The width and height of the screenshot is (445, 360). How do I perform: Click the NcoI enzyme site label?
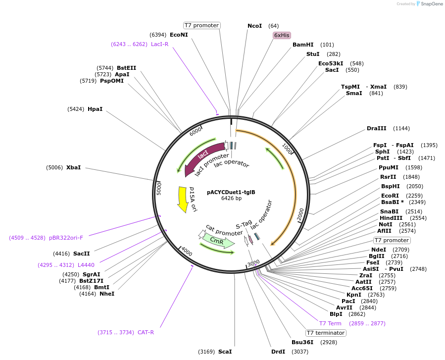[x=254, y=26]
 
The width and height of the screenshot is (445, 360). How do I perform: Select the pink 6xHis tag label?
[x=282, y=35]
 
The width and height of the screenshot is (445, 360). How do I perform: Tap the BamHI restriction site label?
[x=303, y=45]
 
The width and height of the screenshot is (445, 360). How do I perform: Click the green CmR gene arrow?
[x=218, y=241]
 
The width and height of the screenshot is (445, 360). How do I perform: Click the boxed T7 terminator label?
[x=325, y=333]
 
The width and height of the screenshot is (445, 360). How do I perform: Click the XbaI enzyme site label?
[x=73, y=167]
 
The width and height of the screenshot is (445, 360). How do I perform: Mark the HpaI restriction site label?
[x=95, y=109]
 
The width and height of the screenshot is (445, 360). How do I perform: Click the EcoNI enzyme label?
[x=179, y=35]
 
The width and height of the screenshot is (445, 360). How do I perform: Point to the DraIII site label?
[x=376, y=128]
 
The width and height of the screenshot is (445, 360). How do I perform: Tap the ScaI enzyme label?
[x=225, y=352]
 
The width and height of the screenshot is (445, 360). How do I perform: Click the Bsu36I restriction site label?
[x=302, y=342]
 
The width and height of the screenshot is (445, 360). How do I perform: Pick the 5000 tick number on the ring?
[x=159, y=188]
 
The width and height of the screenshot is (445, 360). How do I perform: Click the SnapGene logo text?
[x=432, y=4]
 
